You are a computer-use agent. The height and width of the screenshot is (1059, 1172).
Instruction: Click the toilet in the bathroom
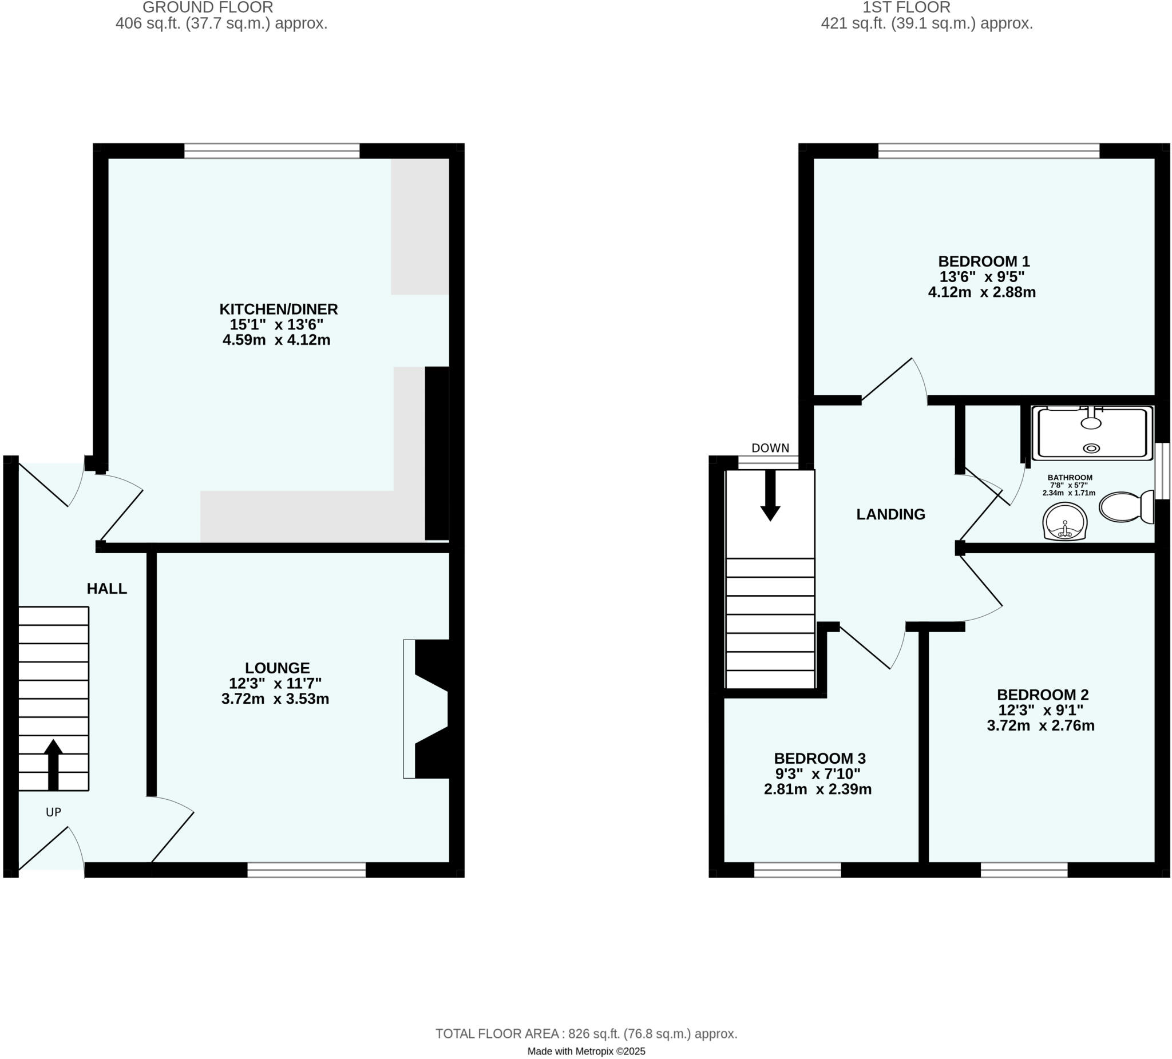pos(1126,506)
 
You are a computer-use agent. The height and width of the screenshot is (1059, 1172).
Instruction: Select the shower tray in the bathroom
pos(1092,434)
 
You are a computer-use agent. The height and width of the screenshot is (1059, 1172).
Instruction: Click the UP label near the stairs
pos(53,812)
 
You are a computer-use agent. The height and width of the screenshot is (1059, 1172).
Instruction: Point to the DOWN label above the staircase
pos(770,448)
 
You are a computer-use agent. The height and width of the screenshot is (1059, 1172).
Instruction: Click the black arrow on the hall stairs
pos(53,764)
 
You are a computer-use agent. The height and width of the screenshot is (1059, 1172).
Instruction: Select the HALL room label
pos(107,589)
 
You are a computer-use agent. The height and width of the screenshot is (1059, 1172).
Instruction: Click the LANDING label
pos(890,514)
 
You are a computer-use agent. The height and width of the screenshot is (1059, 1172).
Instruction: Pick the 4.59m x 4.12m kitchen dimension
pos(277,340)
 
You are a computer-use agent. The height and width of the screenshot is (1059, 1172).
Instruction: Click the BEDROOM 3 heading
pos(819,759)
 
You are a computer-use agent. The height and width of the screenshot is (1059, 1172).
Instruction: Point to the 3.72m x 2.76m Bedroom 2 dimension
pos(1040,726)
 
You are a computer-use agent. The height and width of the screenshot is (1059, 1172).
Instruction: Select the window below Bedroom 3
pos(798,870)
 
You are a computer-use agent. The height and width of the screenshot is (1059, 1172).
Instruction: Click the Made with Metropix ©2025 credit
pos(586,1051)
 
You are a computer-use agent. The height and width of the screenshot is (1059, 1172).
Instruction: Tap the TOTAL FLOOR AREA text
pos(586,1034)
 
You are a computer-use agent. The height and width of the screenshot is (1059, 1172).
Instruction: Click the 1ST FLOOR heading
pos(906,7)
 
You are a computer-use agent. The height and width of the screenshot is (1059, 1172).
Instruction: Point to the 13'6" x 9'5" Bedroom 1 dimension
pos(982,277)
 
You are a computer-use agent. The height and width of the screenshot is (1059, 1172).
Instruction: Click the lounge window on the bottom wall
pos(306,870)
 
